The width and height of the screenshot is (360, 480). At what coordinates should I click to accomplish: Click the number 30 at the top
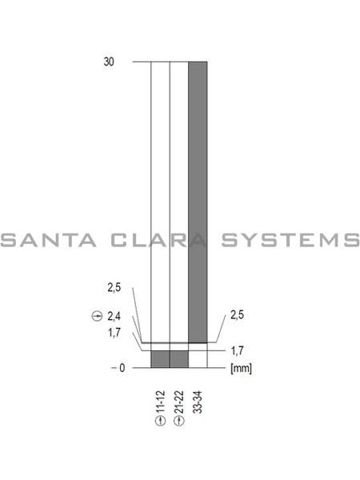[110, 61]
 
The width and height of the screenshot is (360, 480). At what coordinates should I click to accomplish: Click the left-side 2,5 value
[114, 287]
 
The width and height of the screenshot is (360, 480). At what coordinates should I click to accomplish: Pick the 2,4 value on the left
[114, 317]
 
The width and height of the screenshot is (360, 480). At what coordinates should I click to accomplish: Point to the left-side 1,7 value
[114, 332]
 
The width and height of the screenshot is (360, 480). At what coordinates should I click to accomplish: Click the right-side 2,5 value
[237, 315]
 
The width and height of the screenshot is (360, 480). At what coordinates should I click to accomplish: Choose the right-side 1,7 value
[237, 350]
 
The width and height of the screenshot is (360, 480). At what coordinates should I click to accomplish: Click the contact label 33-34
[198, 401]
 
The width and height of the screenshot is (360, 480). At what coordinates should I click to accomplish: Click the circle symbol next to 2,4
[97, 317]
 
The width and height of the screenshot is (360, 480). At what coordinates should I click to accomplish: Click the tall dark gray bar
[198, 200]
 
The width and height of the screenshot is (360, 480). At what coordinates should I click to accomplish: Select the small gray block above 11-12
[160, 359]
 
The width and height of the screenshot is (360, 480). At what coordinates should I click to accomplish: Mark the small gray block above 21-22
[179, 359]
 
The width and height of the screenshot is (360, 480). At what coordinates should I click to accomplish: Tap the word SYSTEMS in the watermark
[290, 240]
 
